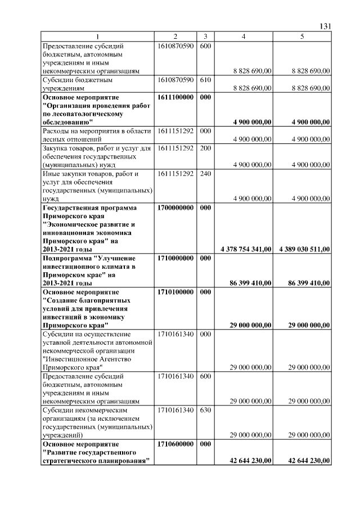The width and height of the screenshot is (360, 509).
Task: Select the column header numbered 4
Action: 242,37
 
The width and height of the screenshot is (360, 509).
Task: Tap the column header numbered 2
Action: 175,37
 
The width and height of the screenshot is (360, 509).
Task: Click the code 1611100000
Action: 175,97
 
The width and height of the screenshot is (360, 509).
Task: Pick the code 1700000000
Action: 175,208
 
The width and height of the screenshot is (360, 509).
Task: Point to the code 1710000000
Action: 175,258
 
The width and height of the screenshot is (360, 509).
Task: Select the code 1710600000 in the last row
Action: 175,444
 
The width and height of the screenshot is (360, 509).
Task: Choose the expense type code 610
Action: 205,80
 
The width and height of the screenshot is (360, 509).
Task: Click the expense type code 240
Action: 205,174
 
